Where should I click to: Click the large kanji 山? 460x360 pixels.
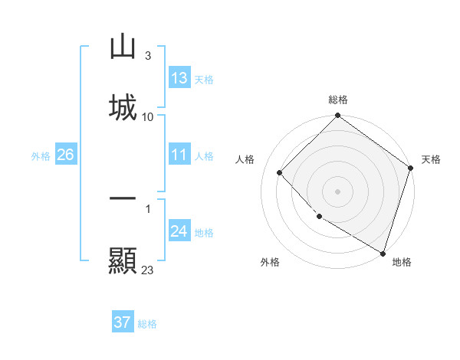click(123, 47)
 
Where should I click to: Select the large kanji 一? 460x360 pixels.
click(123, 198)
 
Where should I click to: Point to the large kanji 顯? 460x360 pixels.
click(123, 260)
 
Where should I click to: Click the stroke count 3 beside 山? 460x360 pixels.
click(147, 56)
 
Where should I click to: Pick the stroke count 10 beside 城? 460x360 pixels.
click(148, 116)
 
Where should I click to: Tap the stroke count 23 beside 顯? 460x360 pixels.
click(148, 270)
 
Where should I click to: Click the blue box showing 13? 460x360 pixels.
click(179, 78)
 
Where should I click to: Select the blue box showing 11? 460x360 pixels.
click(179, 155)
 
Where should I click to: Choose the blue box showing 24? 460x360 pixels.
click(179, 231)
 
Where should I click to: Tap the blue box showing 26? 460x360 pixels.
click(65, 155)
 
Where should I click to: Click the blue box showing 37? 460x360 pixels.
click(123, 322)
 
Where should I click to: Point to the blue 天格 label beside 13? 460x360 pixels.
click(204, 80)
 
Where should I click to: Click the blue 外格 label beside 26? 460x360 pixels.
click(41, 156)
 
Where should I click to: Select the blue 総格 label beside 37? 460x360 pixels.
click(147, 324)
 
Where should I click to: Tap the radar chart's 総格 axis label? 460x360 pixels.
click(338, 100)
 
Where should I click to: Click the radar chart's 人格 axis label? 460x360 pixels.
click(245, 159)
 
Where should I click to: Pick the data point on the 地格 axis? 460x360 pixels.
click(383, 252)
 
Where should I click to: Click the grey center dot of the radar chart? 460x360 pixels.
click(338, 191)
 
